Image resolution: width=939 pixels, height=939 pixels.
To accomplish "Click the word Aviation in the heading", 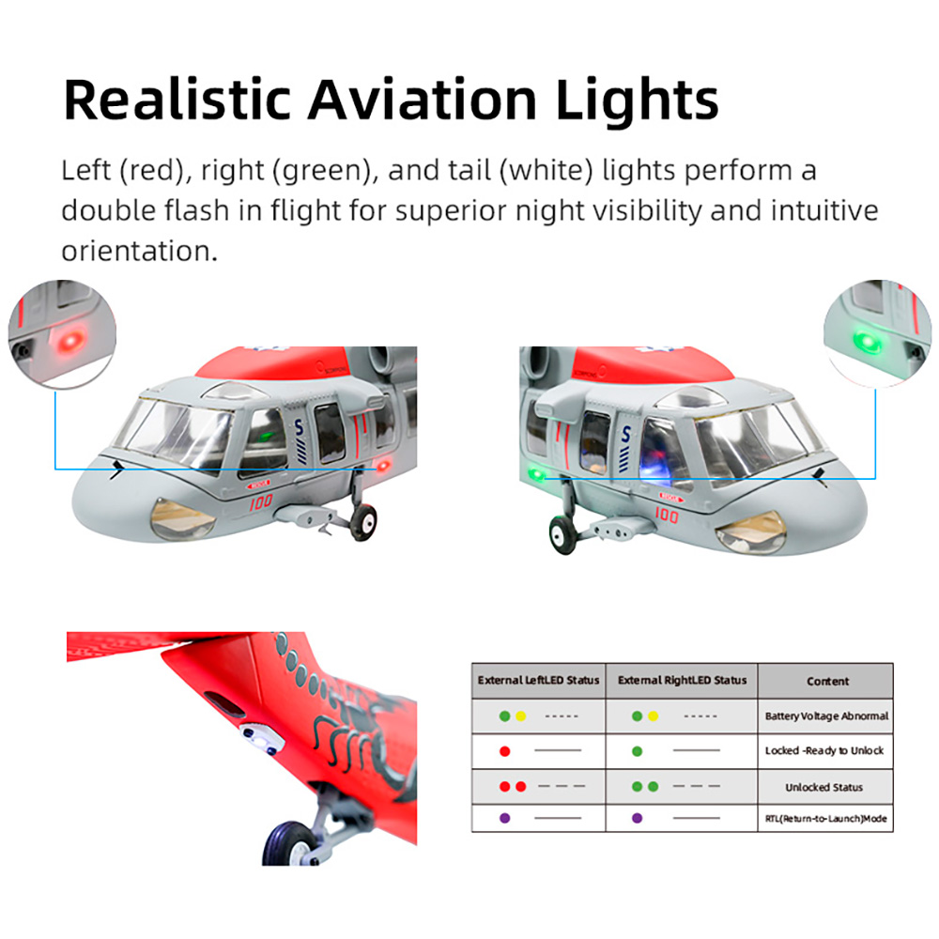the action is (x=423, y=100).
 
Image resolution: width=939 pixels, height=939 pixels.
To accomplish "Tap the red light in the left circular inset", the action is (x=70, y=342).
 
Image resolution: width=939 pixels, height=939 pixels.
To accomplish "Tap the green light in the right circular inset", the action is (x=867, y=341).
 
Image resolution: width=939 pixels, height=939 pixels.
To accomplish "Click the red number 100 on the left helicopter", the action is (x=260, y=501).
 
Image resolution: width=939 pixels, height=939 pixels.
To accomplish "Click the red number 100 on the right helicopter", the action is (x=666, y=515).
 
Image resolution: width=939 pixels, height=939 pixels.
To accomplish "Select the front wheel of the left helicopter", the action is (x=363, y=522).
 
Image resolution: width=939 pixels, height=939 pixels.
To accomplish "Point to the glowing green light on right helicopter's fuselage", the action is (x=536, y=475).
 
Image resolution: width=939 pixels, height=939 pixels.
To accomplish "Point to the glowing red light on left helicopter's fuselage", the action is (x=382, y=466).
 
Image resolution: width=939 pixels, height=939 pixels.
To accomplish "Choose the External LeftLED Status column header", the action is (x=538, y=680).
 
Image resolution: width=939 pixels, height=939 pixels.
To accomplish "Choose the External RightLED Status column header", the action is (x=682, y=680).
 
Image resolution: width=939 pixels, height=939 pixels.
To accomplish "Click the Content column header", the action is (x=827, y=681).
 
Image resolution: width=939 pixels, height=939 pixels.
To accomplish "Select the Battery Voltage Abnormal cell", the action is (x=826, y=716).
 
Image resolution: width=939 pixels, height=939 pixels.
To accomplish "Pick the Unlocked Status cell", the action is (x=824, y=787).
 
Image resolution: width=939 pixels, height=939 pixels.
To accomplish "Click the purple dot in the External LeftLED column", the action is (x=505, y=818).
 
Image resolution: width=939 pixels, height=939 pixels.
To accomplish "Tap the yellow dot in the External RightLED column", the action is (x=653, y=716).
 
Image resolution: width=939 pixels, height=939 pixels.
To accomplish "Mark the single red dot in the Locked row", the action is (x=505, y=751).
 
